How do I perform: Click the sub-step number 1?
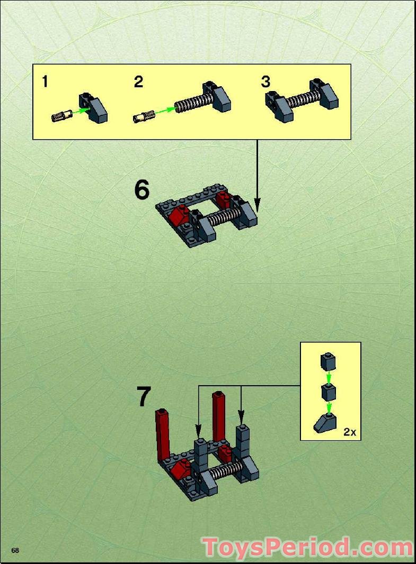(x=45, y=81)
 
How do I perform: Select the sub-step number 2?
(x=138, y=82)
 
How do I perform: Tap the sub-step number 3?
(x=265, y=82)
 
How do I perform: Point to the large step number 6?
(x=141, y=190)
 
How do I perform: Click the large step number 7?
(x=144, y=397)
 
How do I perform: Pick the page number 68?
(x=15, y=550)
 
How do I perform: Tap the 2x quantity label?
(x=349, y=432)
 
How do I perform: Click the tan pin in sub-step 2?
(x=143, y=114)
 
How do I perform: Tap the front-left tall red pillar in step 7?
(x=163, y=435)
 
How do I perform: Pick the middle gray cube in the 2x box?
(x=328, y=393)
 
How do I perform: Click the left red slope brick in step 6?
(x=179, y=215)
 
